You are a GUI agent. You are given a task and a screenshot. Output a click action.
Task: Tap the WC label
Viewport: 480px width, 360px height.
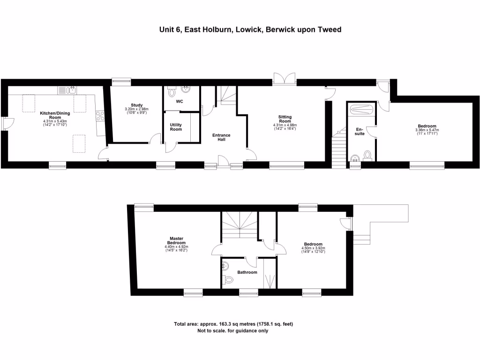[x=180, y=102]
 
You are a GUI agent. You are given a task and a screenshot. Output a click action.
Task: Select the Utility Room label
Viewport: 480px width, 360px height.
[x=176, y=127]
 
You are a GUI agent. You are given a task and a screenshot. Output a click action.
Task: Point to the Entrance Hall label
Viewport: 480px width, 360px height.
[x=221, y=137]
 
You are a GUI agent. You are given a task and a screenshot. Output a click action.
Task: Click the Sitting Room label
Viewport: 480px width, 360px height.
[x=285, y=119]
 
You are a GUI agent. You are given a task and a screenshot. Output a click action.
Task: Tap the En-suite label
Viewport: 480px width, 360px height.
[x=360, y=131]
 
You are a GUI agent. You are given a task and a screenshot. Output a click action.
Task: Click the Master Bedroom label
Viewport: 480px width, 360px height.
[x=176, y=240]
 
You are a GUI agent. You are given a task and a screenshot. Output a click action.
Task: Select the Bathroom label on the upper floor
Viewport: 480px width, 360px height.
[x=247, y=272]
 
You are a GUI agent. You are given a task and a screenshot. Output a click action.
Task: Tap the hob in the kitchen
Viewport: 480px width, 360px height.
[x=99, y=115]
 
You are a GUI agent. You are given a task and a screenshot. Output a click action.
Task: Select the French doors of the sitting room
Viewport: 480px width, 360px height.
[x=285, y=79]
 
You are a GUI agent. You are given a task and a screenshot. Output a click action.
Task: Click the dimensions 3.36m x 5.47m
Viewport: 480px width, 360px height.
[x=427, y=131]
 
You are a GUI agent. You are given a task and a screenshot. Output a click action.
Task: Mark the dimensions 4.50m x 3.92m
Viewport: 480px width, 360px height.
[x=313, y=249]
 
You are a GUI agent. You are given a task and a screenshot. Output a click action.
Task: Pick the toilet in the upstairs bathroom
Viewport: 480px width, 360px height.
[x=229, y=279]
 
